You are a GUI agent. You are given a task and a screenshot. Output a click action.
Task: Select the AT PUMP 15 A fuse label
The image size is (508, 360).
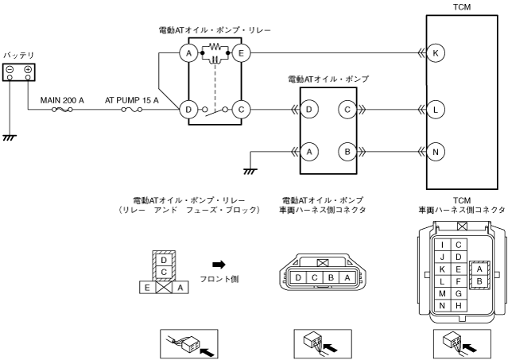pos(131,101)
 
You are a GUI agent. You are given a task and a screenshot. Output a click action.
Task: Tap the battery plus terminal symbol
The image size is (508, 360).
pos(29,69)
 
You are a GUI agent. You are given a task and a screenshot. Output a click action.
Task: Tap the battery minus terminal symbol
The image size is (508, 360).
pos(10,69)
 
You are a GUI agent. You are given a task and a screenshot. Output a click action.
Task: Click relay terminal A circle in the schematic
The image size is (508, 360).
pos(188,53)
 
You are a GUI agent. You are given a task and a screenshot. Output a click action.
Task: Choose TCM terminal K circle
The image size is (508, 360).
pos(436,53)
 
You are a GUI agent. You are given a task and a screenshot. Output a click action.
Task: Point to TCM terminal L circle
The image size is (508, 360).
pos(436,108)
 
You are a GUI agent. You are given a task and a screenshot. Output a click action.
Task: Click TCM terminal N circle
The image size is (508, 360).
pos(436,149)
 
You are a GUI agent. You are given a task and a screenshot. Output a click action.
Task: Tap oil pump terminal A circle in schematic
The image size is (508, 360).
pos(309,149)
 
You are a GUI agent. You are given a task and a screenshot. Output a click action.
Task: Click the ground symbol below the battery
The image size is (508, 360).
pos(9,137)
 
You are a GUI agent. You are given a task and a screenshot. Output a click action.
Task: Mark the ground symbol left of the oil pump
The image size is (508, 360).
pos(250,169)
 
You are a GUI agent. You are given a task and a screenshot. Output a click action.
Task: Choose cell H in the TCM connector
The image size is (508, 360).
pos(458,305)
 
